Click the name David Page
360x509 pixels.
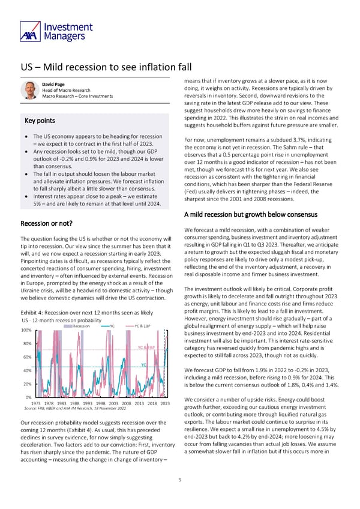[54, 83]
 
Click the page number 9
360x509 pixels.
[180, 479]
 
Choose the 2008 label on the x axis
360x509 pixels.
[126, 403]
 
